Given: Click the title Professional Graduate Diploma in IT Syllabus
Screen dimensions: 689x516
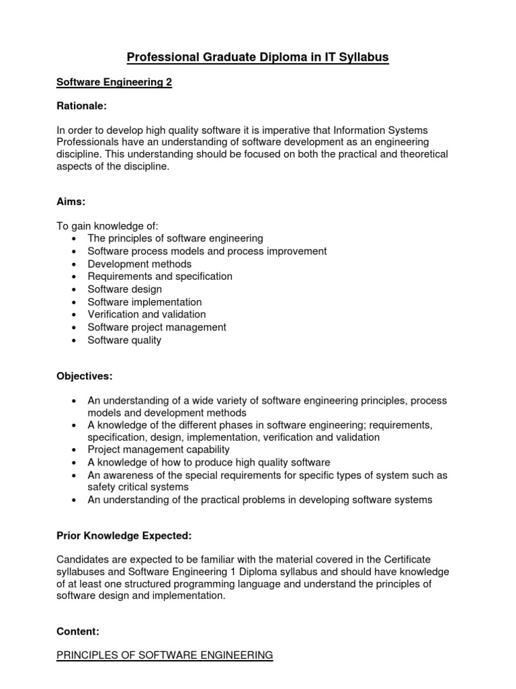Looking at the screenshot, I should pos(258,57).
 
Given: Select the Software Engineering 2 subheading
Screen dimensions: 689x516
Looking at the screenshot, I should pos(114,83).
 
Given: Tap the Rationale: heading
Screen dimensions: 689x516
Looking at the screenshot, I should pos(81,106).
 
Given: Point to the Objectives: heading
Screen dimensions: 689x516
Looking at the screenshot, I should pos(85,375).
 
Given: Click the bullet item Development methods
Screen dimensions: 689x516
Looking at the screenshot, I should pos(139,264).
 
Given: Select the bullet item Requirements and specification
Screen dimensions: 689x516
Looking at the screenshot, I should pos(160,277).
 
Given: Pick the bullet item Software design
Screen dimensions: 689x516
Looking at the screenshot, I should pos(124,289).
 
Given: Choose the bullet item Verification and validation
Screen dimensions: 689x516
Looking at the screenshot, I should pos(146,314).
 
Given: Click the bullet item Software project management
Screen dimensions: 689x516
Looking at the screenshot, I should pos(157,327).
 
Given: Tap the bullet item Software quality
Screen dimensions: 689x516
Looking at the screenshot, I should pos(124,340).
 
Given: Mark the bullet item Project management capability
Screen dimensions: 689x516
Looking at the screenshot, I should pos(159,449).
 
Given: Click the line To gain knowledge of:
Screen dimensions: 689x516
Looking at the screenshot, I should pos(107,225).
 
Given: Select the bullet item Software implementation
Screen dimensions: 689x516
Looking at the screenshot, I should pos(144,302).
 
